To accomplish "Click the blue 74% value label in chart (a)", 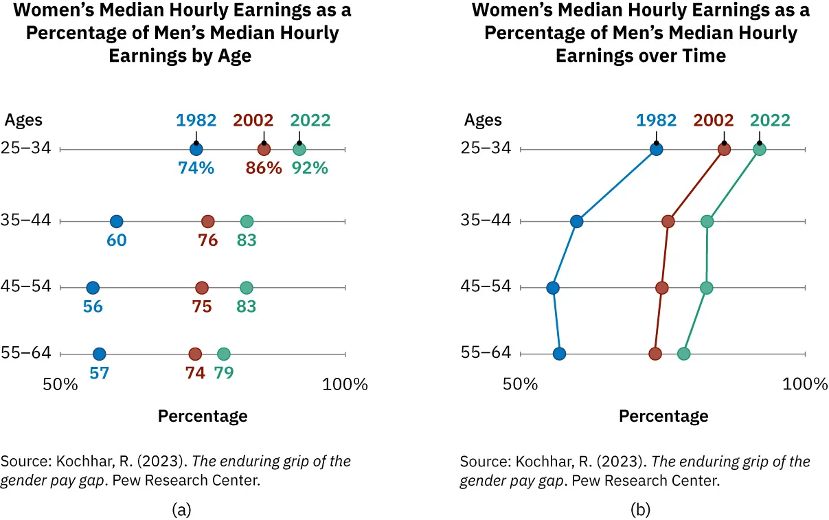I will click(x=196, y=168).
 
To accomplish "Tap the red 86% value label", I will click(x=264, y=168).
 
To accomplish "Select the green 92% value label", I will click(x=309, y=168).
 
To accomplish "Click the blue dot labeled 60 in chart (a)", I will click(x=116, y=221).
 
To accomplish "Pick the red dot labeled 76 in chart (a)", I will click(x=207, y=221).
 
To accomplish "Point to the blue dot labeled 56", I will click(x=93, y=288).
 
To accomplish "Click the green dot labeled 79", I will click(x=223, y=354).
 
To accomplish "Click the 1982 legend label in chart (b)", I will click(x=656, y=120).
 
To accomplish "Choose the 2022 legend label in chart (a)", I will click(x=310, y=120).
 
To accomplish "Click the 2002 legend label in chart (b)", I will click(x=714, y=120).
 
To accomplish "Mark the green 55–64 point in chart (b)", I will click(x=683, y=354).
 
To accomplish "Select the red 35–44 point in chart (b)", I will click(x=668, y=221).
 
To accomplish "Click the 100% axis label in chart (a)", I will click(x=345, y=384).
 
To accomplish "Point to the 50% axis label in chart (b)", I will click(x=520, y=384).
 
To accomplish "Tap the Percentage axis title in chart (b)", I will click(x=663, y=416).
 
